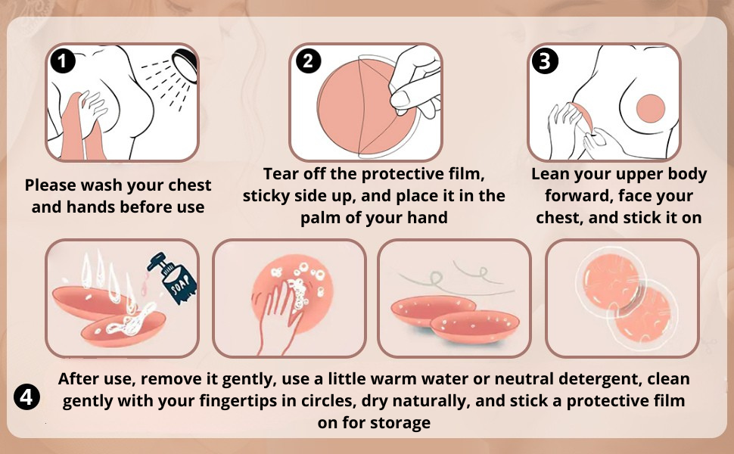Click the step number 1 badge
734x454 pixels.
[63, 61]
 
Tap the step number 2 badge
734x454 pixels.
[307, 61]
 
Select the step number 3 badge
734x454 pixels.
[546, 61]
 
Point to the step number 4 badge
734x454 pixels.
[26, 397]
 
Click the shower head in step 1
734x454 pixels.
[185, 64]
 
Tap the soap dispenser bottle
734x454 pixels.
[174, 278]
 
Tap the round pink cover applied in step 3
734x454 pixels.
[651, 108]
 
